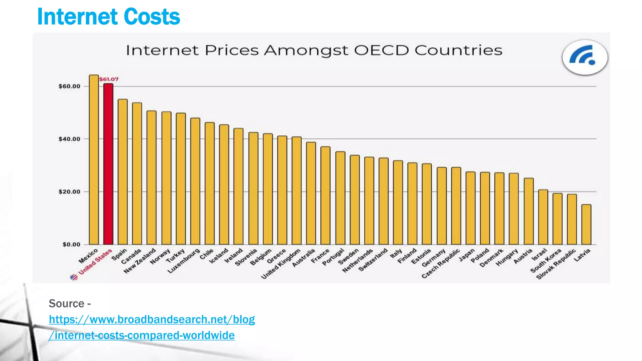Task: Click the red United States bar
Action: point(108,165)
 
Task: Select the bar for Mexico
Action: point(94,160)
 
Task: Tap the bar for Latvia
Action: point(586,224)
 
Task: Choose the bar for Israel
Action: point(543,217)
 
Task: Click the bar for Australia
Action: point(311,193)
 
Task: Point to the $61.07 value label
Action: point(109,79)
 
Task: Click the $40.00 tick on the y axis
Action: point(69,139)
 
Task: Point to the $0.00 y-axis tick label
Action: point(71,244)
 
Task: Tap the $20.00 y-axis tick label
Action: point(69,192)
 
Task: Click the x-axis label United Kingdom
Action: point(281,264)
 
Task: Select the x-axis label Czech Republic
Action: point(440,264)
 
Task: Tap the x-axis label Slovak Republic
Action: point(556,264)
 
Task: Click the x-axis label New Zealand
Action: point(139,261)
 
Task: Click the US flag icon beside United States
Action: point(74,277)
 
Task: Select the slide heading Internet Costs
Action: point(108,17)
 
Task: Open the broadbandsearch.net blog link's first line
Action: point(152,319)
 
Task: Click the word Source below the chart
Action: point(66,303)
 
